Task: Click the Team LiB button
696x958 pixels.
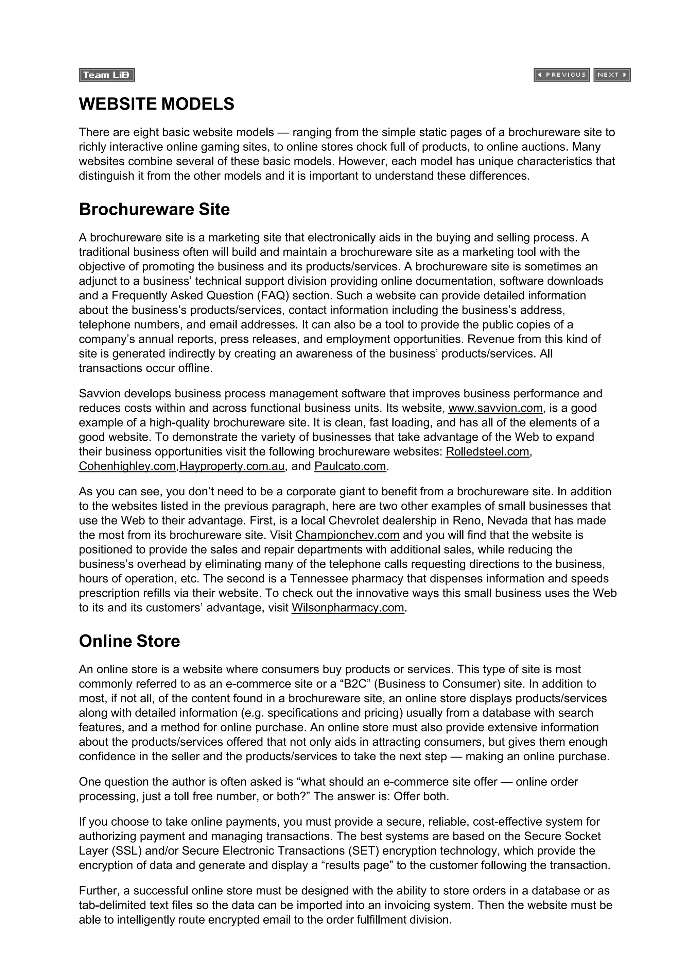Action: coord(106,75)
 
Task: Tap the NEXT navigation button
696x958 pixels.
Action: coord(612,75)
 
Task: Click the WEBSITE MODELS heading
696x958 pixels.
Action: coord(156,104)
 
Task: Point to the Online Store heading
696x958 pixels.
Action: coord(129,641)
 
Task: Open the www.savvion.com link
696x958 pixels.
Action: coord(495,408)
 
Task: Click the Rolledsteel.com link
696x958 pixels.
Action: coord(487,451)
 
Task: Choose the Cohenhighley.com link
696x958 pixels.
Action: coord(127,466)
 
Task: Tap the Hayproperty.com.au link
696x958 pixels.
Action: coord(232,466)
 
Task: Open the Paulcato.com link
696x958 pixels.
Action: coord(350,466)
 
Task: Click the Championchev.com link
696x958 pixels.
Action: coord(347,535)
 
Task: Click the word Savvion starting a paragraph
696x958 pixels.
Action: coord(101,393)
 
